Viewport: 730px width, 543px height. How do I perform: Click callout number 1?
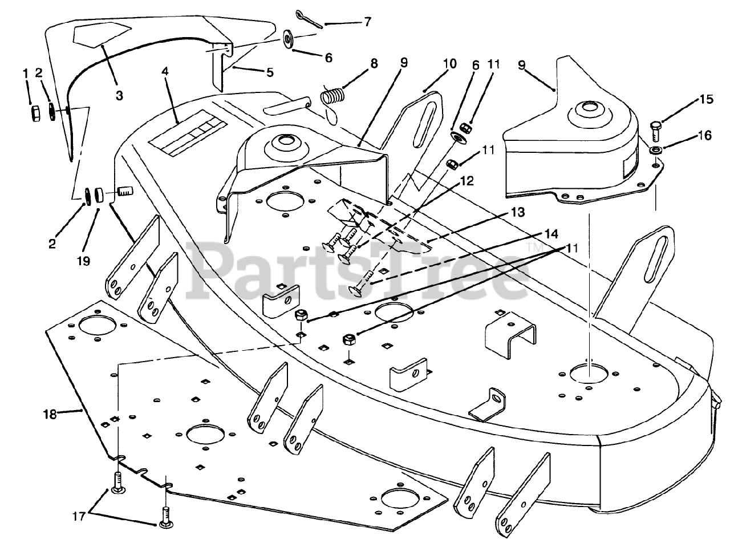[25, 73]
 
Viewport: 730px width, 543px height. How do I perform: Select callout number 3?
[119, 96]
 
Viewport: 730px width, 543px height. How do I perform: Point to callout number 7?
[367, 22]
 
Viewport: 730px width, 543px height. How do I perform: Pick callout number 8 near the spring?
[374, 63]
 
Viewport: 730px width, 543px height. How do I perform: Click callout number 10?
[449, 63]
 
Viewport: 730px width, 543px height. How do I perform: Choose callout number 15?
[707, 100]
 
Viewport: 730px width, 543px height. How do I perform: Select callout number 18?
[50, 414]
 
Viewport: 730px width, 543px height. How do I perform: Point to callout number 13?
[517, 213]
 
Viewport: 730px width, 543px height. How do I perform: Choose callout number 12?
[467, 181]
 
